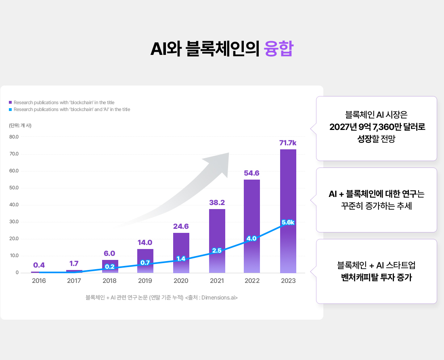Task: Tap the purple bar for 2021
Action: (217, 230)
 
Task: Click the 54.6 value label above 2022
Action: (251, 173)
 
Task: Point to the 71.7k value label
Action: (288, 143)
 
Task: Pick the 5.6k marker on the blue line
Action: (288, 222)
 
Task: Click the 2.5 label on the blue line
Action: (217, 251)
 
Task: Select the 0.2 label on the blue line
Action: (109, 267)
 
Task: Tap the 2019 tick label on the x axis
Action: (145, 280)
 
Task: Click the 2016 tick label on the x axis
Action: (39, 280)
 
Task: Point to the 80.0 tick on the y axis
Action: (14, 137)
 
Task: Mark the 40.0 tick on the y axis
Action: (14, 205)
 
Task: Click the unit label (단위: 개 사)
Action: (20, 125)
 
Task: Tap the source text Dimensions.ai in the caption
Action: (218, 298)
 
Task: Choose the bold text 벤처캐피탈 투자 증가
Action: (376, 277)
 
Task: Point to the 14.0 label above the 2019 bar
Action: (145, 243)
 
